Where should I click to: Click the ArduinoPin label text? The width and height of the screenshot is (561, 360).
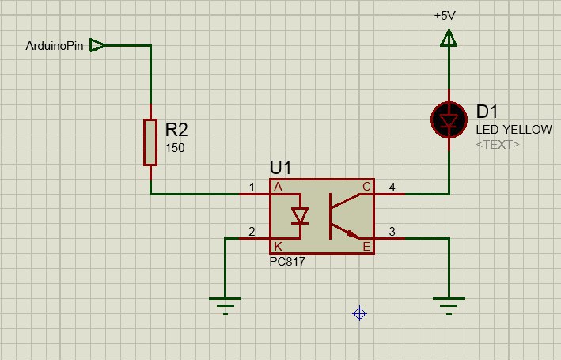55,46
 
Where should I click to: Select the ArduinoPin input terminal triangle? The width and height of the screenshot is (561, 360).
97,45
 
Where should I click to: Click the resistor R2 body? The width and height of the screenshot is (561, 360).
150,142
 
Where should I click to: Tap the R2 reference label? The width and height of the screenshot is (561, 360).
176,130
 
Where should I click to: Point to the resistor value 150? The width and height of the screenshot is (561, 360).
175,148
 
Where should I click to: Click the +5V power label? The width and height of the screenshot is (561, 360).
445,16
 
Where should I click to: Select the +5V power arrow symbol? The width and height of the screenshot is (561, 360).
449,39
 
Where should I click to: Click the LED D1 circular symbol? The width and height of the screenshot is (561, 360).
449,120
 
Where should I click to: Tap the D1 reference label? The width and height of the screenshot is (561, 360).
487,112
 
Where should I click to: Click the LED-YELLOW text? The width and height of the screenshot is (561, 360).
514,130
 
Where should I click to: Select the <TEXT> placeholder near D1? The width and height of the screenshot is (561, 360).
498,145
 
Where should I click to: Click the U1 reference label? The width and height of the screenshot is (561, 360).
280,169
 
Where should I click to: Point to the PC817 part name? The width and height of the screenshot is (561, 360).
287,262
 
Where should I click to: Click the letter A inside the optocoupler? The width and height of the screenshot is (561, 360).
278,187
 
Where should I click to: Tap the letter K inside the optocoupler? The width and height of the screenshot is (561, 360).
278,246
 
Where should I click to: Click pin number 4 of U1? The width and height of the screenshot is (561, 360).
392,188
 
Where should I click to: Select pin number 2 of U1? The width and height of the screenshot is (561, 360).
252,232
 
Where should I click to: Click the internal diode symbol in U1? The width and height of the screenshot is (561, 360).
300,216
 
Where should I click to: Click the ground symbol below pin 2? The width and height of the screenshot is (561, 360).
225,306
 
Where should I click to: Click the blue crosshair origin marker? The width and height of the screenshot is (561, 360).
359,314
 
